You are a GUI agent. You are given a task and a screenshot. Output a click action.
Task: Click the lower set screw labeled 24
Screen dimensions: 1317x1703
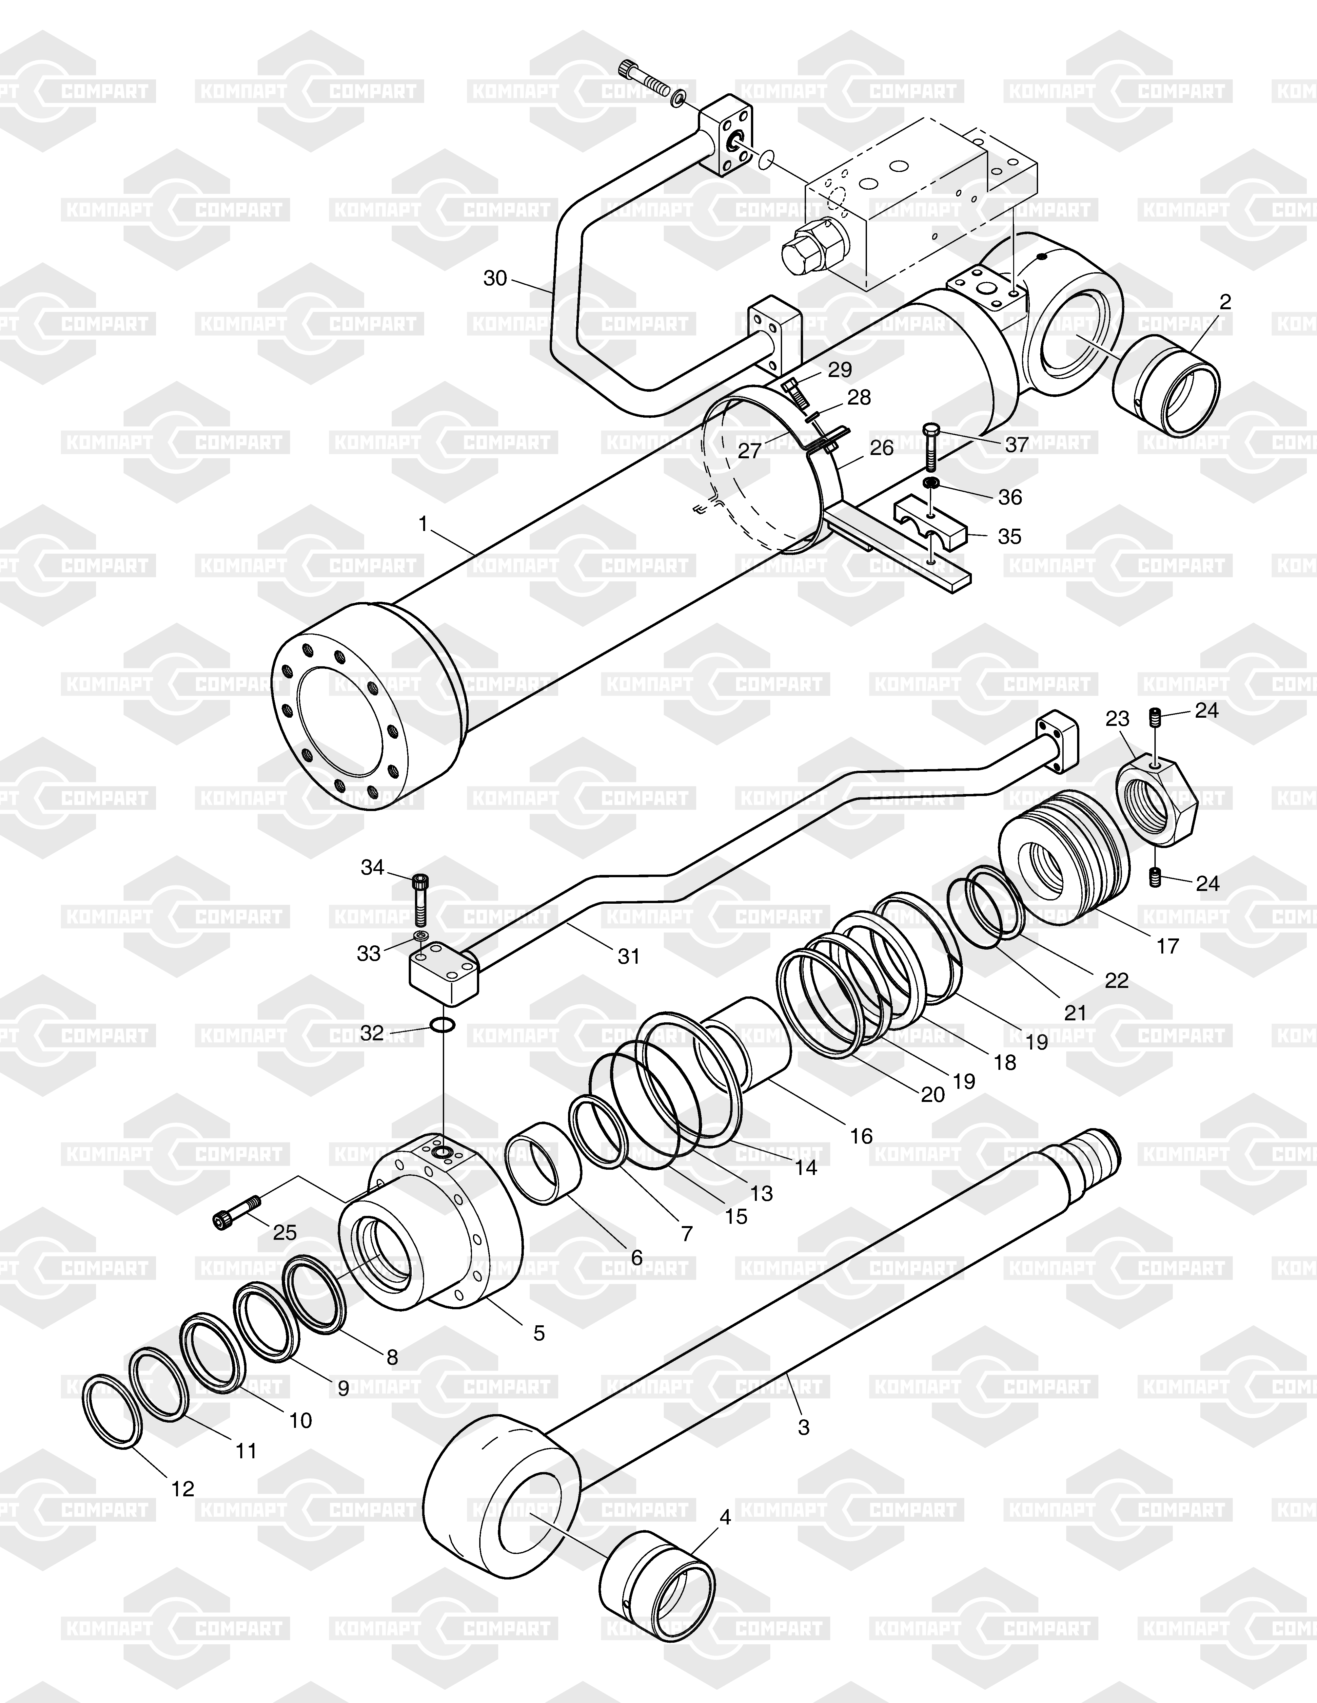[x=1156, y=877]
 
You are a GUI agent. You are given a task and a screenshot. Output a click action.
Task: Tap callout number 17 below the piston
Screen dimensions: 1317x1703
[x=1167, y=946]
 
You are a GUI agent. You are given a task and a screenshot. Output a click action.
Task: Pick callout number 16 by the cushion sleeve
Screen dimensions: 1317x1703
[x=861, y=1135]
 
